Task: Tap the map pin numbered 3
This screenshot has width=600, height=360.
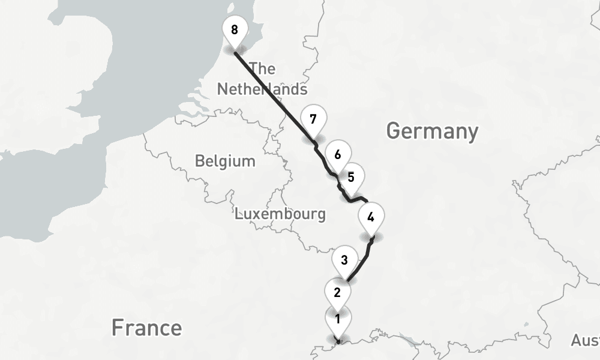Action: (x=344, y=262)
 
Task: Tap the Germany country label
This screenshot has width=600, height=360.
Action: (x=432, y=130)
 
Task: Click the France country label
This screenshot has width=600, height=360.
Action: (x=146, y=328)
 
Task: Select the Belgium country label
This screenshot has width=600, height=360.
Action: (x=225, y=161)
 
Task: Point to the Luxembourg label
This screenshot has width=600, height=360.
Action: (x=280, y=214)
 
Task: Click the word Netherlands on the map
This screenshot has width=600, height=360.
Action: (x=262, y=89)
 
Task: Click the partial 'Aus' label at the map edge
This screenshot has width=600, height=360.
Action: (x=585, y=340)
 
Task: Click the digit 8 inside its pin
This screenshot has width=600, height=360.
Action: (x=234, y=29)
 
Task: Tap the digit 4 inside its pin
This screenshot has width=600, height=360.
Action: (x=371, y=217)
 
